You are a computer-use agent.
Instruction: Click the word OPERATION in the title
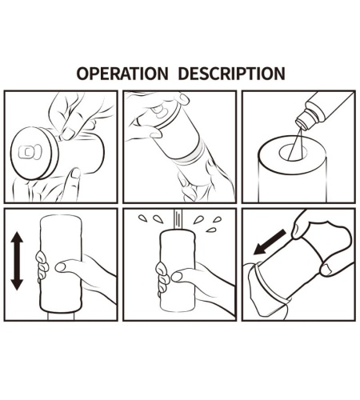pyautogui.click(x=122, y=74)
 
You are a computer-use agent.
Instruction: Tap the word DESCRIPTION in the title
pyautogui.click(x=231, y=74)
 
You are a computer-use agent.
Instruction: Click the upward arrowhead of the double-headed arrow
pyautogui.click(x=17, y=238)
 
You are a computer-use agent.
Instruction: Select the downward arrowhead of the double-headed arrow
pyautogui.click(x=17, y=284)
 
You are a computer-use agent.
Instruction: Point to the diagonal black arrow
pyautogui.click(x=270, y=242)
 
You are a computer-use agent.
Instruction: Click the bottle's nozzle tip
pyautogui.click(x=302, y=125)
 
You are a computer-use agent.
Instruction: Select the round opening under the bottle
pyautogui.click(x=293, y=152)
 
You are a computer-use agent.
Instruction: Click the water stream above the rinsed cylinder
pyautogui.click(x=178, y=218)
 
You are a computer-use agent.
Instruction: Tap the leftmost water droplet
pyautogui.click(x=142, y=218)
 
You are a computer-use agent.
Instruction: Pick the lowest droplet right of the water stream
pyautogui.click(x=211, y=230)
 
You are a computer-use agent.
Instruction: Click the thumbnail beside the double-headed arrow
pyautogui.click(x=60, y=266)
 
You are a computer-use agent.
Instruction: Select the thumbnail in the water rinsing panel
pyautogui.click(x=177, y=276)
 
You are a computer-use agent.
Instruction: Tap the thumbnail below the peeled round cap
pyautogui.click(x=76, y=173)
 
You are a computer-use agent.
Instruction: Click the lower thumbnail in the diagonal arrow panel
pyautogui.click(x=326, y=270)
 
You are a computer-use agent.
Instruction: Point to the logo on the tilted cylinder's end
pyautogui.click(x=159, y=111)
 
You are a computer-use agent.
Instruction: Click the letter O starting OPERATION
pyautogui.click(x=82, y=74)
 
